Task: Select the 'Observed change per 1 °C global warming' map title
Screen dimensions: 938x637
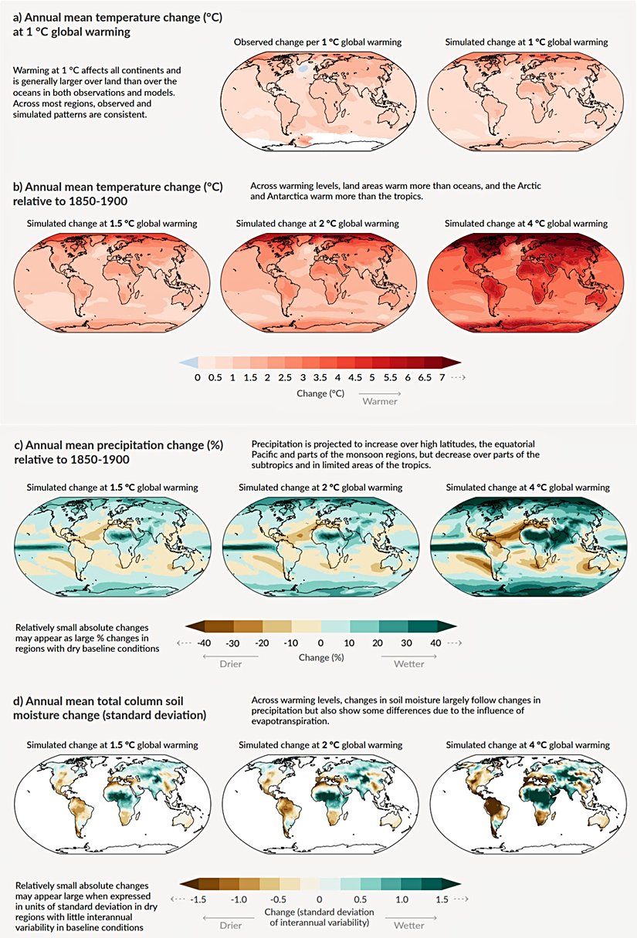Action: (x=317, y=42)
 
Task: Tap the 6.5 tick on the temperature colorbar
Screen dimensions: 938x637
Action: (x=425, y=378)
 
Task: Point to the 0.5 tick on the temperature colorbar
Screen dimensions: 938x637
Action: (x=216, y=378)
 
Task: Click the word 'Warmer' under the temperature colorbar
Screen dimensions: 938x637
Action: (x=380, y=402)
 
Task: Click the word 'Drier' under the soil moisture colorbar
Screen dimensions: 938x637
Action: (x=227, y=923)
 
